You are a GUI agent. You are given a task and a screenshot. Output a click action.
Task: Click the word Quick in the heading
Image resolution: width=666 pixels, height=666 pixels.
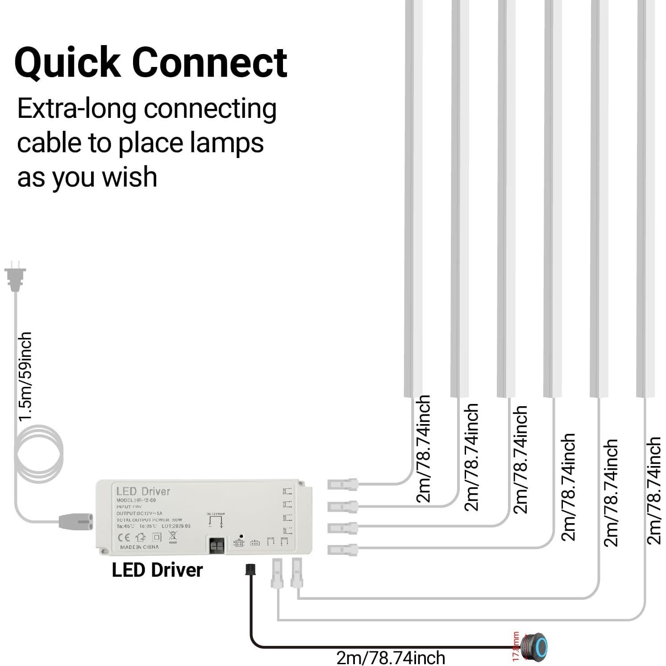pyautogui.click(x=67, y=63)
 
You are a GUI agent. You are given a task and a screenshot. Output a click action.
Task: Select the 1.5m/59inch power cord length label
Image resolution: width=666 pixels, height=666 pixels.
pyautogui.click(x=25, y=376)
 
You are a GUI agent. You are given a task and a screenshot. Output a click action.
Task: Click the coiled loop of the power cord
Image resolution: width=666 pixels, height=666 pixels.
pyautogui.click(x=39, y=454)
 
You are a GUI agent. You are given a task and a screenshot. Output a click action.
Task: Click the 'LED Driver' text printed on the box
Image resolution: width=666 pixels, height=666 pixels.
pyautogui.click(x=143, y=491)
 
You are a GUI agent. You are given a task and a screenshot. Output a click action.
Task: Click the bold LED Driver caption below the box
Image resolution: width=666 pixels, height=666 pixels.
pyautogui.click(x=157, y=570)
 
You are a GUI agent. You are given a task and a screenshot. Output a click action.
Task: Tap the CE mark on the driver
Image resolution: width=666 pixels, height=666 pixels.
pyautogui.click(x=124, y=537)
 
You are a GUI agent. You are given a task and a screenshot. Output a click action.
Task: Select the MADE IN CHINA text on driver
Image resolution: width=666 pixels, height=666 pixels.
pyautogui.click(x=139, y=547)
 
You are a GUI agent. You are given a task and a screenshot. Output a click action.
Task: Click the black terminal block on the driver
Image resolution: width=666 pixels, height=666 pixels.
pyautogui.click(x=217, y=545)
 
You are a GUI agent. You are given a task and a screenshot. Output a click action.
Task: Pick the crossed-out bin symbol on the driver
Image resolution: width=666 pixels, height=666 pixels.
pyautogui.click(x=172, y=537)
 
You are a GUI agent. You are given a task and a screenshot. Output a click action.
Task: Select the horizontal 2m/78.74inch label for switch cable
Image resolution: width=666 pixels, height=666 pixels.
pyautogui.click(x=391, y=658)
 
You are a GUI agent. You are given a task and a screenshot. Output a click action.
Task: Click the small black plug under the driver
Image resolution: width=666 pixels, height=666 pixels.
pyautogui.click(x=250, y=569)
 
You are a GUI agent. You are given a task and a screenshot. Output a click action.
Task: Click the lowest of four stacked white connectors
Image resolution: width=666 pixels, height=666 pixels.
pyautogui.click(x=342, y=549)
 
